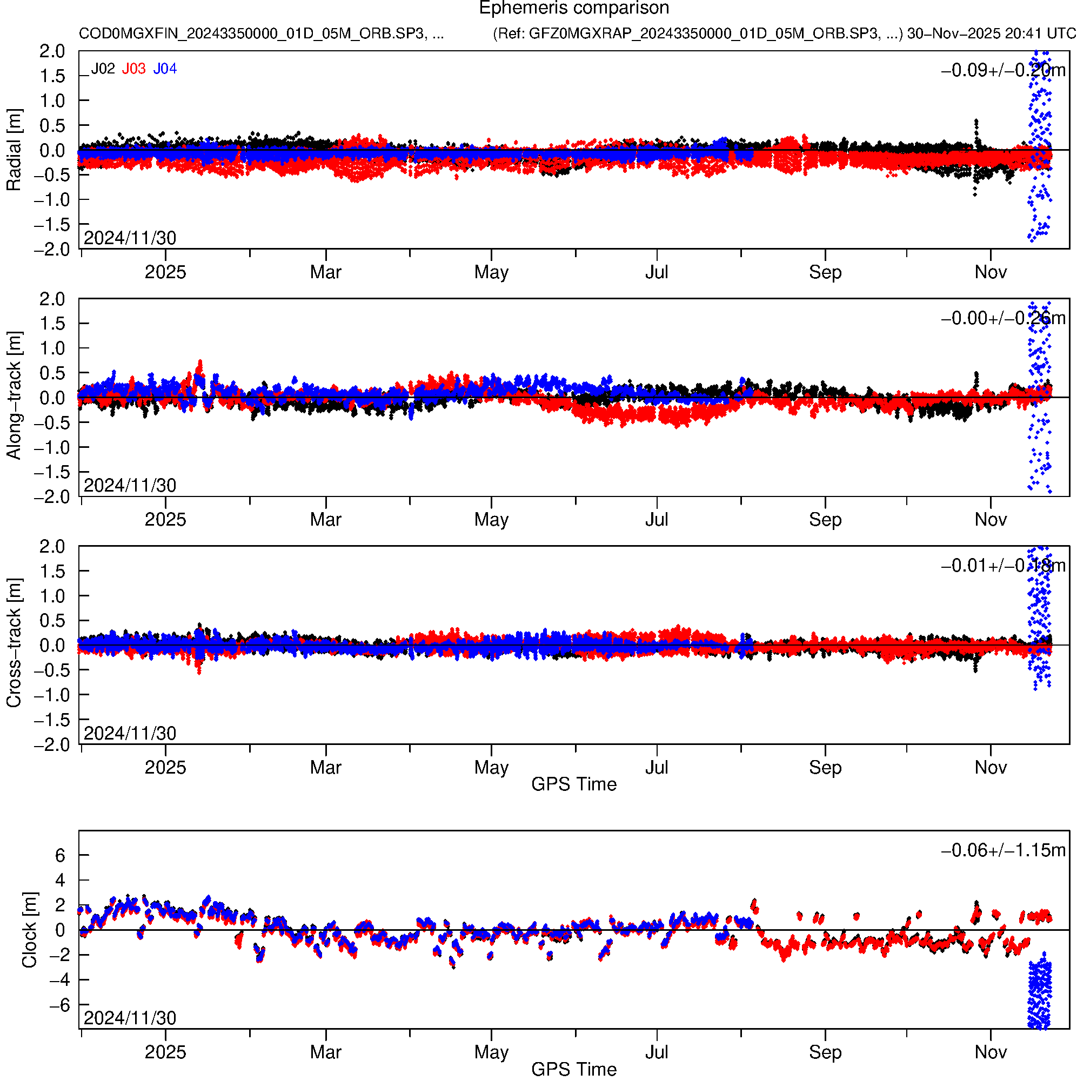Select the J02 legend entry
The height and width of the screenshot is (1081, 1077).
tap(103, 69)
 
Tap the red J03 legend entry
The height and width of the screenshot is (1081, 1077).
tap(134, 69)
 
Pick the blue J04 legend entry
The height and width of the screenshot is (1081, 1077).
tap(165, 69)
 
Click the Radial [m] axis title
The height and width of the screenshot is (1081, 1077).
tap(14, 150)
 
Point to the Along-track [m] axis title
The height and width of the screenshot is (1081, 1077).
tap(14, 395)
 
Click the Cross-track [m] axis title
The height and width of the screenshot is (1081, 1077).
tap(14, 643)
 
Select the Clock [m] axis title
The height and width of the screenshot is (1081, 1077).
tap(29, 929)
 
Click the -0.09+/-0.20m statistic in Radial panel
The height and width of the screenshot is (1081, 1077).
tap(1002, 70)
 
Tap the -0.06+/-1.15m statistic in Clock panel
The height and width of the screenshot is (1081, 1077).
tap(1002, 850)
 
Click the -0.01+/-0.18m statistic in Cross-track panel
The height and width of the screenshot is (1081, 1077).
tap(1002, 566)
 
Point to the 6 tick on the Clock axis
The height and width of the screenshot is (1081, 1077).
tap(60, 855)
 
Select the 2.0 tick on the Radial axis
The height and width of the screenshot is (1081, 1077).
tap(51, 51)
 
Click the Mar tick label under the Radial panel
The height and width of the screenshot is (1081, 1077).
tap(326, 272)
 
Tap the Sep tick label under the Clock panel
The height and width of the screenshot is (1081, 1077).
tap(825, 1052)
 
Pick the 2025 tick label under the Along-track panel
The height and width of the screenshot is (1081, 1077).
tap(165, 519)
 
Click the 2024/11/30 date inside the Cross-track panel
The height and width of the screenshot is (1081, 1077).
tap(130, 733)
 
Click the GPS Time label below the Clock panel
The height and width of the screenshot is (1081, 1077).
tap(574, 1069)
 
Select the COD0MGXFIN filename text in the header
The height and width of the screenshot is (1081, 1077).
tap(262, 33)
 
